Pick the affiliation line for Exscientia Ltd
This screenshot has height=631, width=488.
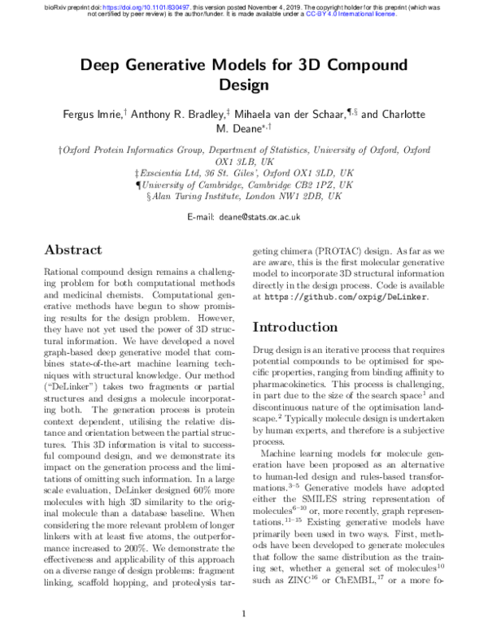coord(244,173)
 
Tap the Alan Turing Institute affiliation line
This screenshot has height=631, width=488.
coord(244,196)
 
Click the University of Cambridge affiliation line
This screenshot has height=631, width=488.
coord(244,185)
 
